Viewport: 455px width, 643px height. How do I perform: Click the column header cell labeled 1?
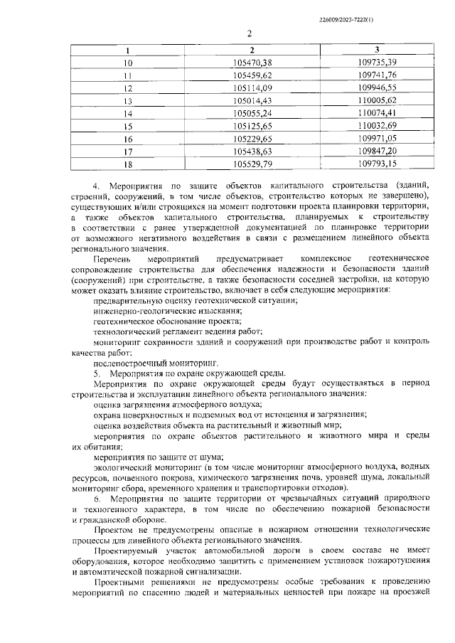[128, 51]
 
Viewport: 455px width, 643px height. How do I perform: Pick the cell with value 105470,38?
[253, 63]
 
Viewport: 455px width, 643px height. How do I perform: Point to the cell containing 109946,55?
[377, 87]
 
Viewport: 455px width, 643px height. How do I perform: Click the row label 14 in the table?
[128, 113]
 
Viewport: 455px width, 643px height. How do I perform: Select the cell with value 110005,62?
[377, 100]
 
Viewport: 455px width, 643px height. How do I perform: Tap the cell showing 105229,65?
[253, 138]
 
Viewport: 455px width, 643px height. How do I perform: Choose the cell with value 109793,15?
[377, 164]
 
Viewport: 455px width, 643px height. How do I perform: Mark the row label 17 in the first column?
[128, 151]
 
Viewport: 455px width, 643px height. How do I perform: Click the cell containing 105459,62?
[253, 75]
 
